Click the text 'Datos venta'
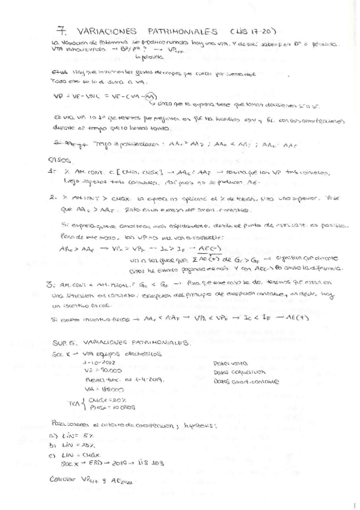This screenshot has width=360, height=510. tap(226, 363)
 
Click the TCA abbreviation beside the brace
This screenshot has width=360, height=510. tap(74, 403)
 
